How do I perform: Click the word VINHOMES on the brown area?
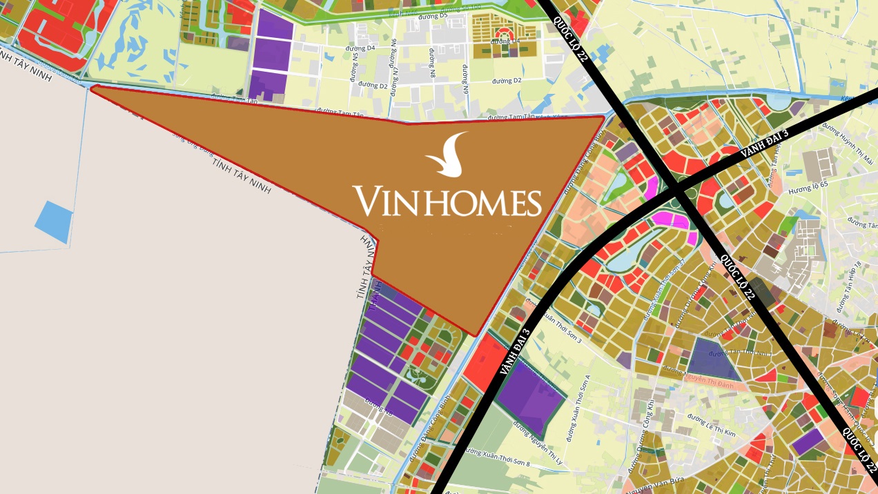(447, 201)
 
